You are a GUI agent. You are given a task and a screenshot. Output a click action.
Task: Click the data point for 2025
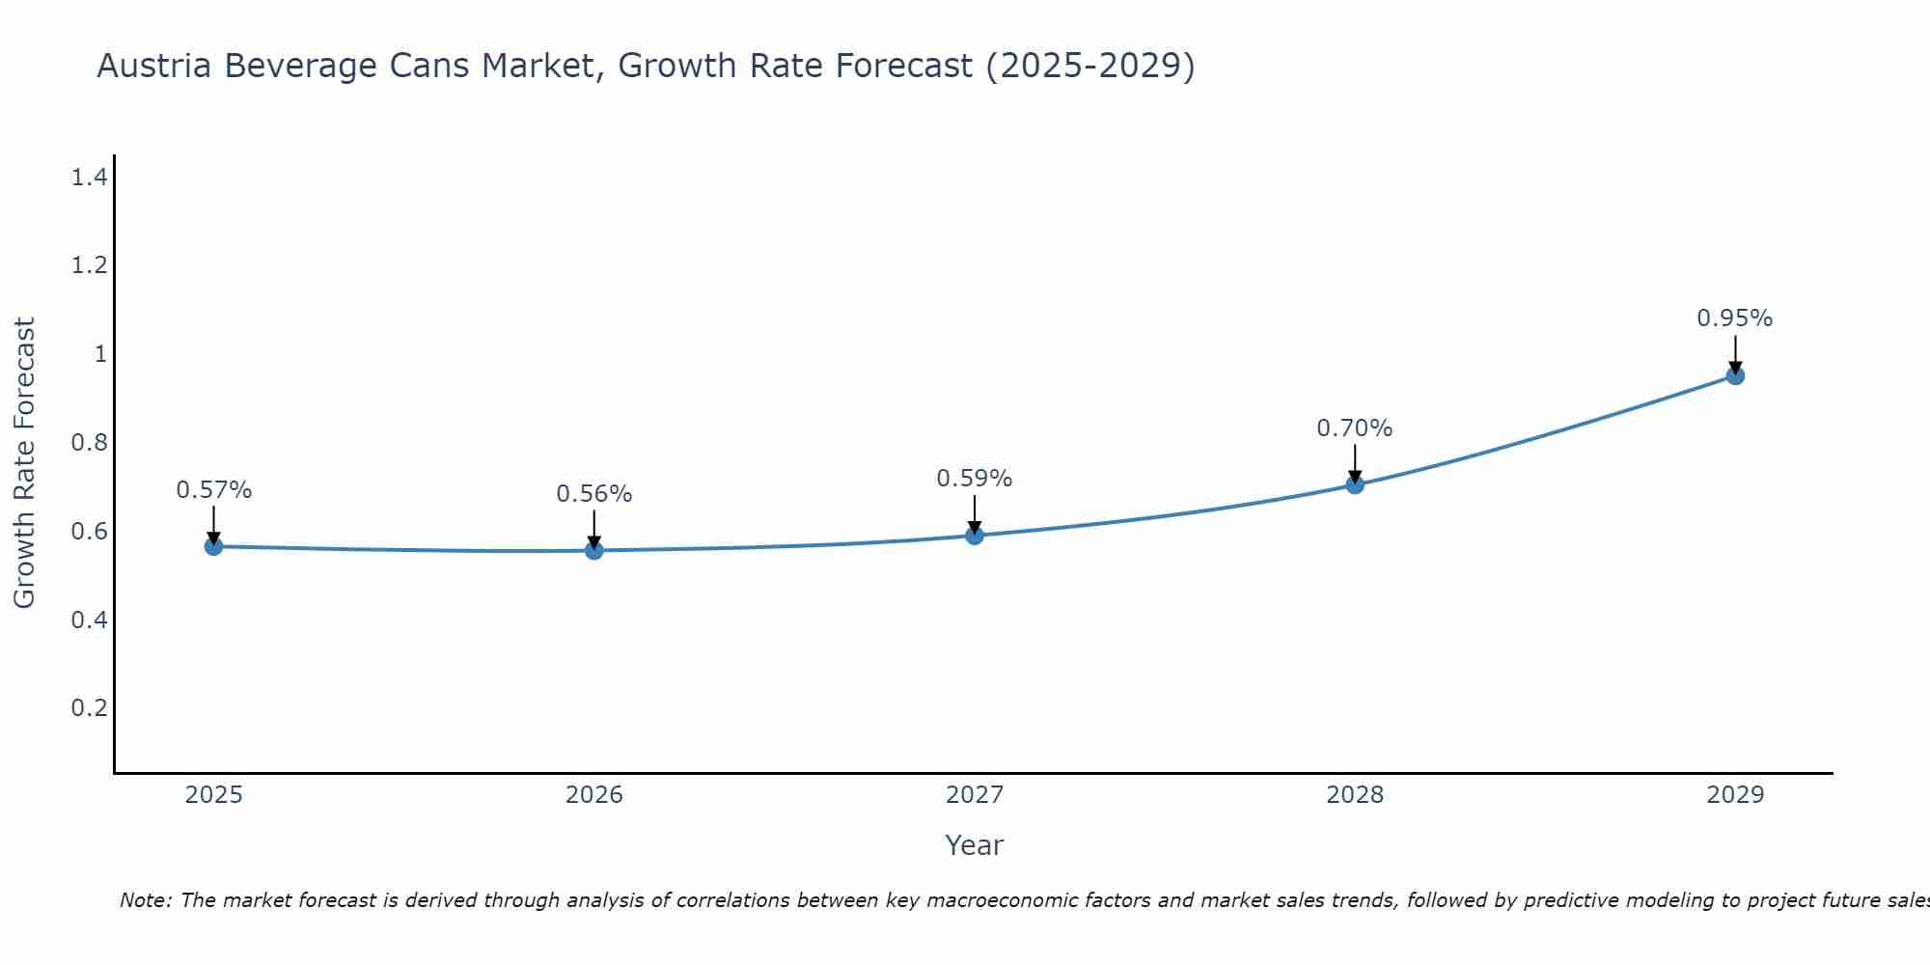point(213,546)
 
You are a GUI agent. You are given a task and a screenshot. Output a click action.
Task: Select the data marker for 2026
point(594,550)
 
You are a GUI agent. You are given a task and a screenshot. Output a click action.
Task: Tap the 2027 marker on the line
point(975,536)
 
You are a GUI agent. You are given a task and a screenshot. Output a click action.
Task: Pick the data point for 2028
point(1355,484)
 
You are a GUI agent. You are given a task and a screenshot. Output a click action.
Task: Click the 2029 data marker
point(1735,375)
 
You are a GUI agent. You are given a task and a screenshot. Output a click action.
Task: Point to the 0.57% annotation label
point(213,490)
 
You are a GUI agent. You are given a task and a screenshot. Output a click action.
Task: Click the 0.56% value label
point(594,494)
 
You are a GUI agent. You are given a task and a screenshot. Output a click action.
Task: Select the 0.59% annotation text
point(975,479)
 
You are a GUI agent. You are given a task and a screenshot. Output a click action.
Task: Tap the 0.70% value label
point(1355,428)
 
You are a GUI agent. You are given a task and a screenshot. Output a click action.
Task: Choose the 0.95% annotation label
point(1735,318)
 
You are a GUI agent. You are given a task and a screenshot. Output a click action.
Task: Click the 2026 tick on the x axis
point(594,795)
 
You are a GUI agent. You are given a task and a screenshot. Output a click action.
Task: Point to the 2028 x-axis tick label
point(1355,795)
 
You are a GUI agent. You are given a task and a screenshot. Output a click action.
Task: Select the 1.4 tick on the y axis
point(89,178)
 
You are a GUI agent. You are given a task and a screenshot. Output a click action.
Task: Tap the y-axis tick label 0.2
point(89,708)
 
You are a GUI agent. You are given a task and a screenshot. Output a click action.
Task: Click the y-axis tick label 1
point(100,354)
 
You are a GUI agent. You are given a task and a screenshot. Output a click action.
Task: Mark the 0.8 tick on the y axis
point(89,443)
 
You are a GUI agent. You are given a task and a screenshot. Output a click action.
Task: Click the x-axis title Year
point(975,845)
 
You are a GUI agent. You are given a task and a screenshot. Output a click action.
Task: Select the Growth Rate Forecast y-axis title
point(24,463)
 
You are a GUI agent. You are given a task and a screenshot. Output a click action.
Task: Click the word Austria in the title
point(153,66)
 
